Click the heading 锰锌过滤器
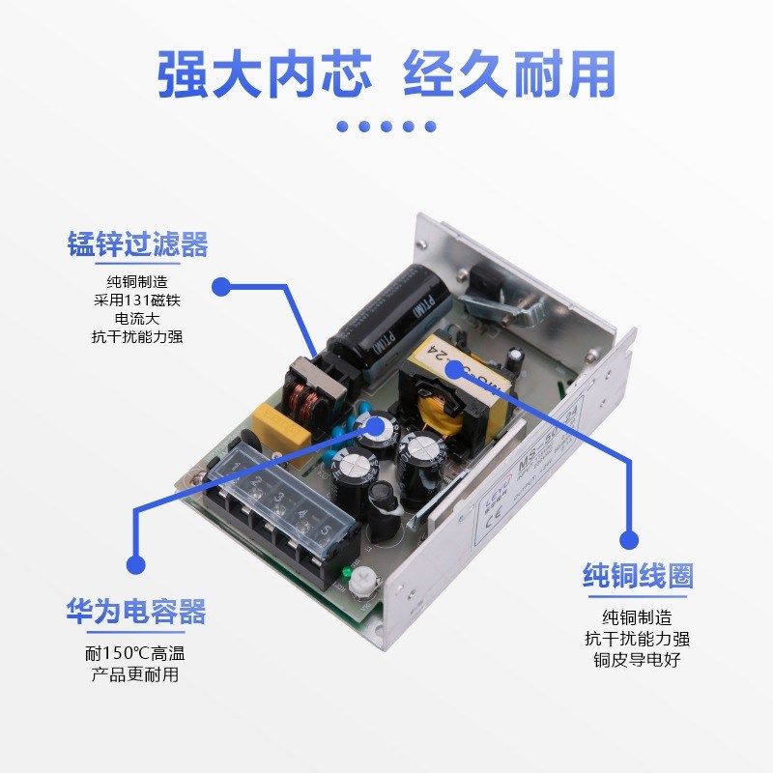click(x=137, y=244)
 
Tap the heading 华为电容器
click(x=136, y=611)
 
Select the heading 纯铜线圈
click(x=637, y=577)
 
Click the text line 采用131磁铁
click(x=137, y=300)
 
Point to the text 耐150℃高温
click(x=135, y=653)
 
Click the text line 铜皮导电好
click(x=637, y=660)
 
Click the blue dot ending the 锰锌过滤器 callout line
click(x=221, y=286)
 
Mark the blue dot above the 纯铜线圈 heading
click(x=630, y=539)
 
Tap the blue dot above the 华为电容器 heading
click(x=135, y=565)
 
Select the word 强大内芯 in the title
click(x=264, y=75)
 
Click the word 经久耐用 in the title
click(x=508, y=75)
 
